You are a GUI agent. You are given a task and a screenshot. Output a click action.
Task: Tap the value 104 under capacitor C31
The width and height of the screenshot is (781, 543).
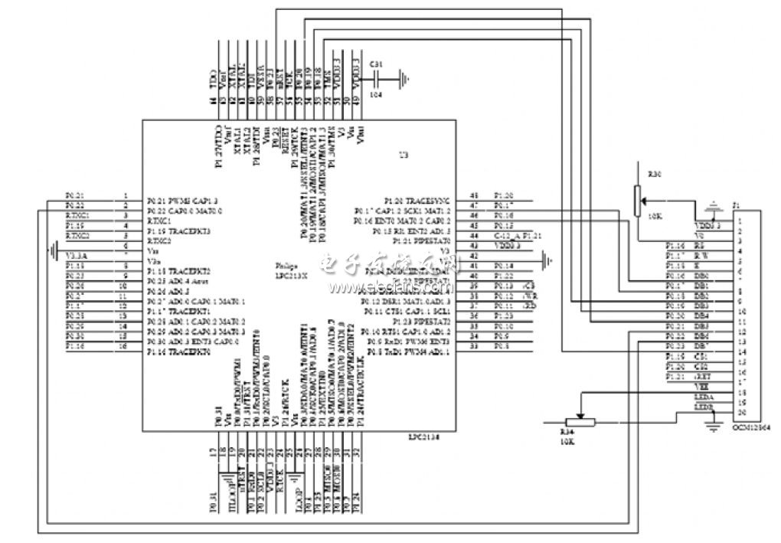pos(376,94)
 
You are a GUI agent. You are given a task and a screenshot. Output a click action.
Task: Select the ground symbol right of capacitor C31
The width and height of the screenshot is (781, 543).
pos(405,77)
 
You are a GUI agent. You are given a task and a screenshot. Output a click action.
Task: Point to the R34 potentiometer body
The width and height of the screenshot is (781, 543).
pos(580,422)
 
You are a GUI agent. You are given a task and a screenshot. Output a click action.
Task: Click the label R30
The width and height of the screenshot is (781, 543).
pos(654,175)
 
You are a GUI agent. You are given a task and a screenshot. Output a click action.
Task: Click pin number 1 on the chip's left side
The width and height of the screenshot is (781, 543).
pos(125,196)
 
